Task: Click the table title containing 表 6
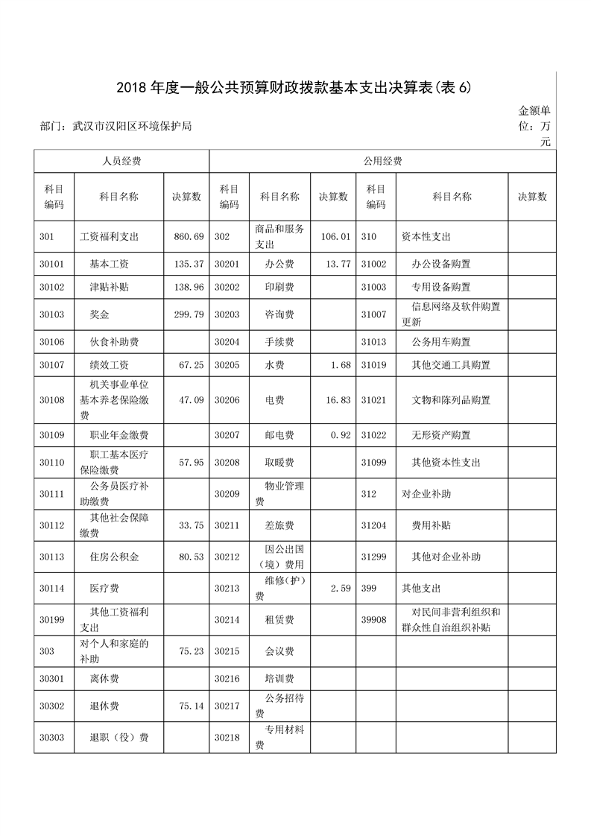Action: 294,88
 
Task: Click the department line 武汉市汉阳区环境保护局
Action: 116,127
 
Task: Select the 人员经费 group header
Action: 121,160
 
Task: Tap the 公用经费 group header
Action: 383,160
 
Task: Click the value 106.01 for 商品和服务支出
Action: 335,237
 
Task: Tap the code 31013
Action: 373,342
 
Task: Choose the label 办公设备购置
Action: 446,265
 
